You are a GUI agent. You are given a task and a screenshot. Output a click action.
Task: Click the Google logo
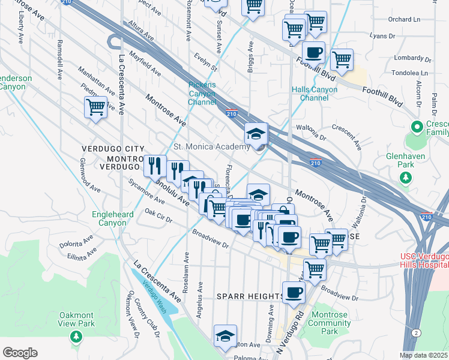click(x=20, y=353)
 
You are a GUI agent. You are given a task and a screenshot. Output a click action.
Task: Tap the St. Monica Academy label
click(x=211, y=147)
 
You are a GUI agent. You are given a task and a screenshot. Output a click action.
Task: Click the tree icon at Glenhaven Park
click(x=406, y=177)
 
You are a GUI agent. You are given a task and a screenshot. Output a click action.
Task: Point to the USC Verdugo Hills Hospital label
click(x=424, y=261)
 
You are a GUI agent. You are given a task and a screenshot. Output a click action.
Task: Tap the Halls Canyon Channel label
click(x=314, y=94)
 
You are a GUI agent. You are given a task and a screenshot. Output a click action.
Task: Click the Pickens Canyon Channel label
click(x=202, y=94)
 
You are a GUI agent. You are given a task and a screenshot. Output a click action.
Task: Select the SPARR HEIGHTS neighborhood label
click(x=250, y=296)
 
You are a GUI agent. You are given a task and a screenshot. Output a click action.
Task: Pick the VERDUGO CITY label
click(x=113, y=148)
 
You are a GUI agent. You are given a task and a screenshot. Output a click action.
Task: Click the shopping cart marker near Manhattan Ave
click(x=96, y=108)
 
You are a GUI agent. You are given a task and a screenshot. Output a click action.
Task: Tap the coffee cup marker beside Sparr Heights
click(x=294, y=293)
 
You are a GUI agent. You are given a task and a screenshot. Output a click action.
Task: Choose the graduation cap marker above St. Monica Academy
click(x=256, y=133)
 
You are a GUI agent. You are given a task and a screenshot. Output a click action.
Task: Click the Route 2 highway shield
click(x=415, y=332)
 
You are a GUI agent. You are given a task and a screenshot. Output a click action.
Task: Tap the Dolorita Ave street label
click(x=77, y=242)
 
